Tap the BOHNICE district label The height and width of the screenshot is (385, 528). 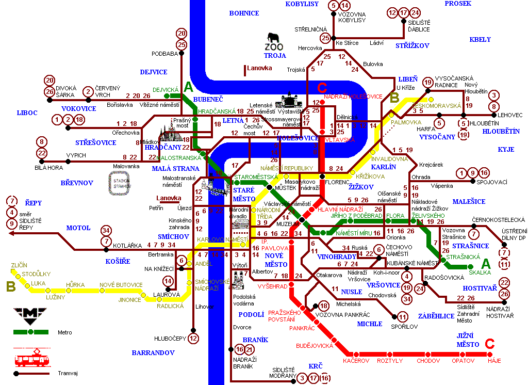(x=244, y=13)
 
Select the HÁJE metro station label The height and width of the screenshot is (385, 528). (x=494, y=361)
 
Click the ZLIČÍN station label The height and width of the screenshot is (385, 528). (x=19, y=265)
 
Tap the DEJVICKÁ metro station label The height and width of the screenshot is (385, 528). (x=165, y=89)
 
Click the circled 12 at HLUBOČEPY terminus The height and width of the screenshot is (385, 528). (x=193, y=339)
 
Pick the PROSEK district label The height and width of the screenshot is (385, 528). (x=458, y=4)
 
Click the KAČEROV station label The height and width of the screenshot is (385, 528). (x=356, y=361)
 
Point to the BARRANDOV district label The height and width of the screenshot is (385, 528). (x=153, y=353)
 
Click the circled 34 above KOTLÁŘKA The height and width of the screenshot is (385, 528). (x=106, y=230)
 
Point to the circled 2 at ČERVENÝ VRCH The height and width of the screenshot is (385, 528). (x=89, y=92)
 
